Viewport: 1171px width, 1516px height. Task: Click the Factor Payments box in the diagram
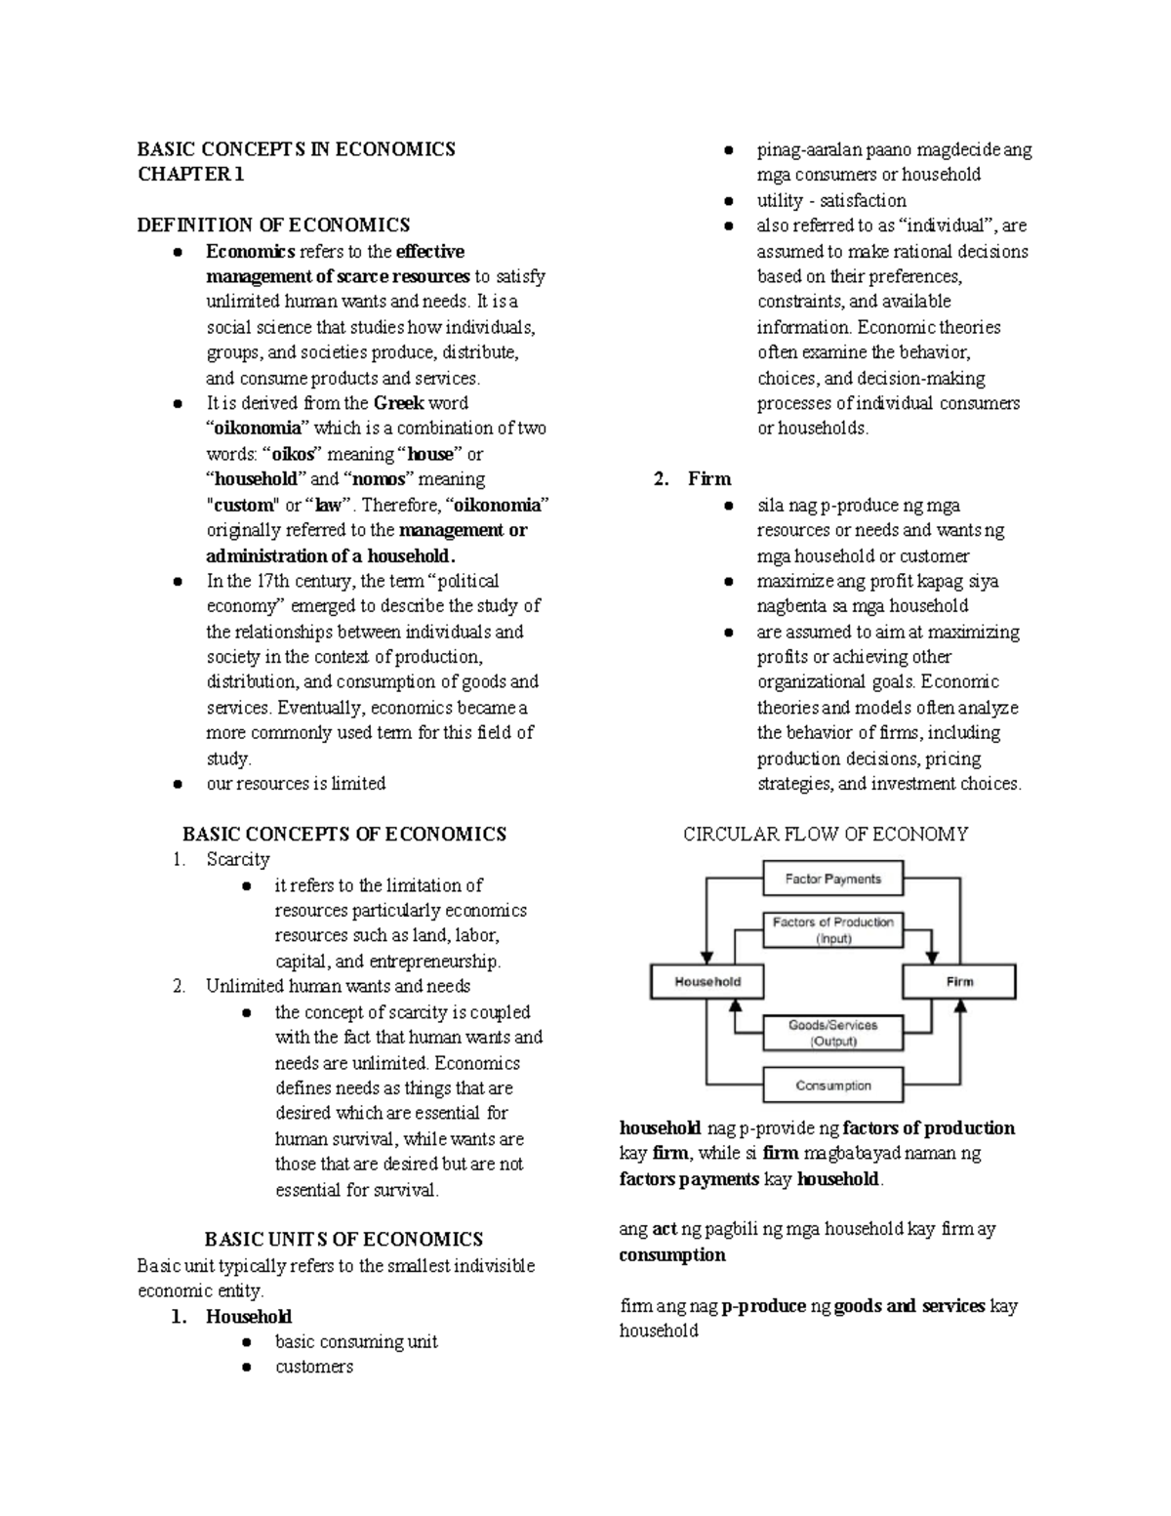click(832, 879)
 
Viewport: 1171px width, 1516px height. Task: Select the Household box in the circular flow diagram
click(707, 981)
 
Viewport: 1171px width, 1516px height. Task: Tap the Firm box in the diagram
click(959, 981)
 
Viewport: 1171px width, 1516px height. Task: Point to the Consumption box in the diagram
click(832, 1086)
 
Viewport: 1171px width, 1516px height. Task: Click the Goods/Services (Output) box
click(832, 1033)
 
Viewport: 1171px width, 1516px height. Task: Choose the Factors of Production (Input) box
click(832, 929)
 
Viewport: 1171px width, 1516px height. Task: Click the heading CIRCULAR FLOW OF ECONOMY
click(825, 834)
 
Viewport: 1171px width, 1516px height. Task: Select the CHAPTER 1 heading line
click(190, 175)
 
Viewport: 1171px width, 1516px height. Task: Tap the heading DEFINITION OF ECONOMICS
click(273, 225)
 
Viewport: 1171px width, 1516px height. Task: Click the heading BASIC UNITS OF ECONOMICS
click(343, 1240)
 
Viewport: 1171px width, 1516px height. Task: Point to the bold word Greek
click(398, 403)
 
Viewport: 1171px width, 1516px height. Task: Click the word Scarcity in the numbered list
click(237, 860)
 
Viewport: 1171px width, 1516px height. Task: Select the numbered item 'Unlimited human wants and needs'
click(338, 986)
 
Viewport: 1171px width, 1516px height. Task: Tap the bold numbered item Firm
click(708, 479)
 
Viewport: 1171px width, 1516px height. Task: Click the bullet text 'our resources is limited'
click(296, 784)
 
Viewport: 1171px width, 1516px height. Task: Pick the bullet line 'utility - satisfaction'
click(831, 200)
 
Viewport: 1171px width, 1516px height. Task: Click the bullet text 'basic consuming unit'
click(356, 1342)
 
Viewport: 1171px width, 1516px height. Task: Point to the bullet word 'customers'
click(313, 1367)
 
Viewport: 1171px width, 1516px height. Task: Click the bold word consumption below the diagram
click(672, 1255)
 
